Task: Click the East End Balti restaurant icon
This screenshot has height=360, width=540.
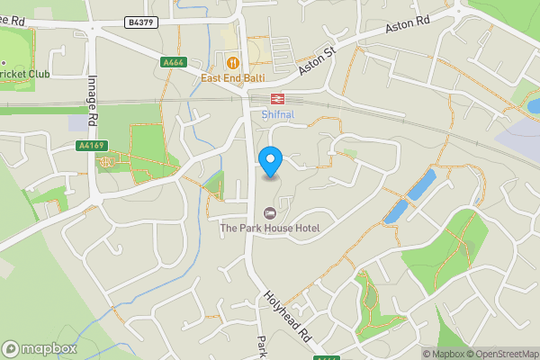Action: click(x=233, y=62)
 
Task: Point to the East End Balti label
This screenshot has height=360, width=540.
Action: click(x=233, y=77)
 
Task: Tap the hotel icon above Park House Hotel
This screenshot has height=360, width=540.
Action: click(x=269, y=212)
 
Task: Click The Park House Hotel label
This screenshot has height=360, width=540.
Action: click(x=270, y=229)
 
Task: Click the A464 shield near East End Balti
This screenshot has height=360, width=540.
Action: click(x=174, y=62)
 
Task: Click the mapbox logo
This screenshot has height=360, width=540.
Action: click(x=40, y=348)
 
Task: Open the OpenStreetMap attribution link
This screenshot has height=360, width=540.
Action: click(x=500, y=354)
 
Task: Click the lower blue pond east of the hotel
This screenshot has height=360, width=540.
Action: click(x=396, y=211)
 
